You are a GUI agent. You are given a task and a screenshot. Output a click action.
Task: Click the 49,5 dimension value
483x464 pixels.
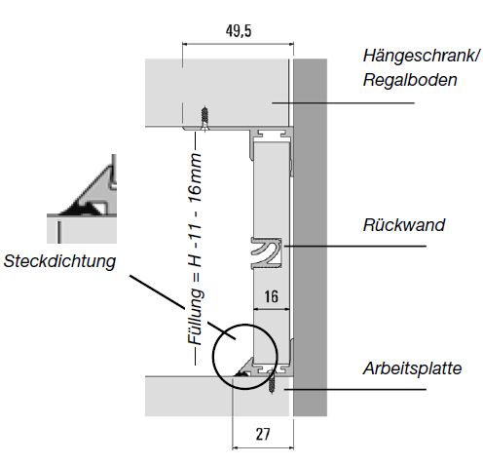(x=239, y=31)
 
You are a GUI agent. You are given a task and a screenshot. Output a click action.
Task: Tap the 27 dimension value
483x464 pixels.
(x=263, y=434)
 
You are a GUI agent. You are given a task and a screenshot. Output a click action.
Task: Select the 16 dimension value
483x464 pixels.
(x=271, y=296)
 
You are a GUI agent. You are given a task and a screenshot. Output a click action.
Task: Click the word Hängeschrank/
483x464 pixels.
(x=421, y=56)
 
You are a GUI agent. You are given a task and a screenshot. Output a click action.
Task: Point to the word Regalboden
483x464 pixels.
(x=410, y=80)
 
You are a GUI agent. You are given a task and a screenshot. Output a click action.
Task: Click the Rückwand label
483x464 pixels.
(x=404, y=225)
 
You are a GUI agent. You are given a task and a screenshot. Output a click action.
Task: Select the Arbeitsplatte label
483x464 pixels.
(x=412, y=368)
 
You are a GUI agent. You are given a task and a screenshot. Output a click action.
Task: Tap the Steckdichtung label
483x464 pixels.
(x=59, y=261)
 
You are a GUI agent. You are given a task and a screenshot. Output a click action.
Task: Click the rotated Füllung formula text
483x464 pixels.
(x=196, y=249)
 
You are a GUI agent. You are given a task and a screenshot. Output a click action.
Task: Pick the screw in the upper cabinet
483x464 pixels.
(x=204, y=118)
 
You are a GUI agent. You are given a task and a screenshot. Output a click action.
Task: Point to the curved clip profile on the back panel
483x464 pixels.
(x=266, y=253)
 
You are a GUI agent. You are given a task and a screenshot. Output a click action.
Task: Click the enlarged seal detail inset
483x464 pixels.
(x=82, y=199)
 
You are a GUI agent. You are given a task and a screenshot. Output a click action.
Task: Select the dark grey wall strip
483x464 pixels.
(x=310, y=237)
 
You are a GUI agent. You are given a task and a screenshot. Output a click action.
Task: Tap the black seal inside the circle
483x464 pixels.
(x=241, y=374)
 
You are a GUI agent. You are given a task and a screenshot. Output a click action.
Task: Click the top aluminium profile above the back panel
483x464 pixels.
(x=272, y=134)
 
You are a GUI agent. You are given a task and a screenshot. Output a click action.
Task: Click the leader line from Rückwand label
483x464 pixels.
(x=354, y=246)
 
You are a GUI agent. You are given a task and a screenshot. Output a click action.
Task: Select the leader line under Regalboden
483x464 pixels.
(x=343, y=103)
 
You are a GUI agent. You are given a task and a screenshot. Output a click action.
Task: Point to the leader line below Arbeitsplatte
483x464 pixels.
(x=355, y=389)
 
